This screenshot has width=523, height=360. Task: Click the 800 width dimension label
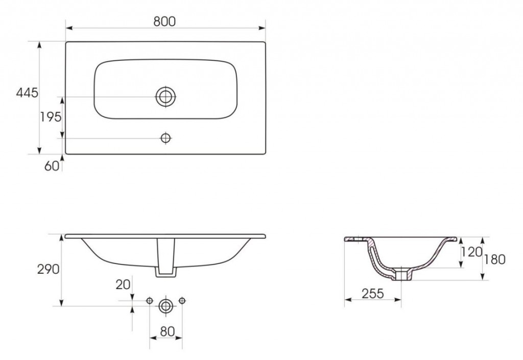click(164, 21)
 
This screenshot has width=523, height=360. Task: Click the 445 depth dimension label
click(27, 92)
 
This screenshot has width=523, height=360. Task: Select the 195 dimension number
click(51, 117)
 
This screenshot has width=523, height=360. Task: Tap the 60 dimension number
click(52, 166)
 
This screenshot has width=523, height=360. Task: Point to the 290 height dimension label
click(49, 269)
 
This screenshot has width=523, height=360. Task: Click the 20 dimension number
click(123, 284)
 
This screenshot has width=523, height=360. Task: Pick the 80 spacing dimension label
click(168, 331)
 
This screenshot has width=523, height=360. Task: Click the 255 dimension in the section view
click(373, 293)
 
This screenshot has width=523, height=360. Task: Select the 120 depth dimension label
click(471, 252)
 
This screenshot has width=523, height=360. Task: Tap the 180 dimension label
click(494, 259)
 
